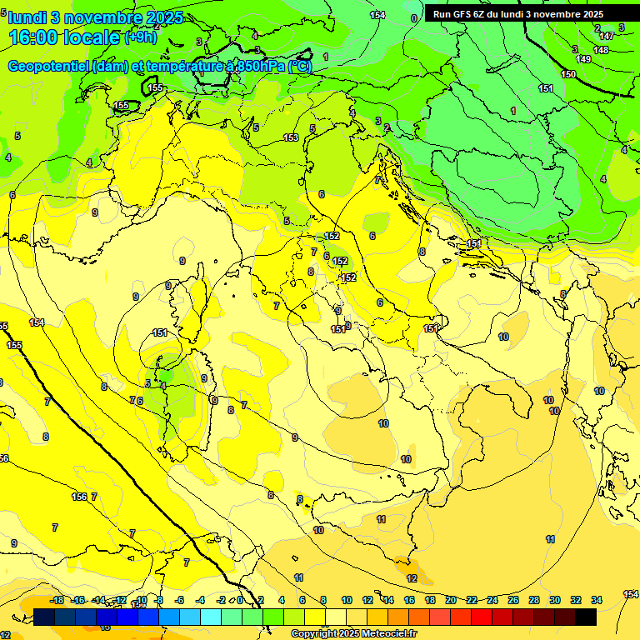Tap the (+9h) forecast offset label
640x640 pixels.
click(140, 37)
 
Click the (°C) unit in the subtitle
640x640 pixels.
click(301, 67)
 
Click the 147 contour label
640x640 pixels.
click(607, 35)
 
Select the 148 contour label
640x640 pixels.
click(601, 50)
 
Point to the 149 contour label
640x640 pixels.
click(584, 59)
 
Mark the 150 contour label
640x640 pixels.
click(568, 74)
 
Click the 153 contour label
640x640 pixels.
click(291, 137)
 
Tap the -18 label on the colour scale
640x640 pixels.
click(57, 600)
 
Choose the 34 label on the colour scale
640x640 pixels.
click(597, 600)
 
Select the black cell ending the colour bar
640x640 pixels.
click(586, 617)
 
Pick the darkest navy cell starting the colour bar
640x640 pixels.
click(45, 617)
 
